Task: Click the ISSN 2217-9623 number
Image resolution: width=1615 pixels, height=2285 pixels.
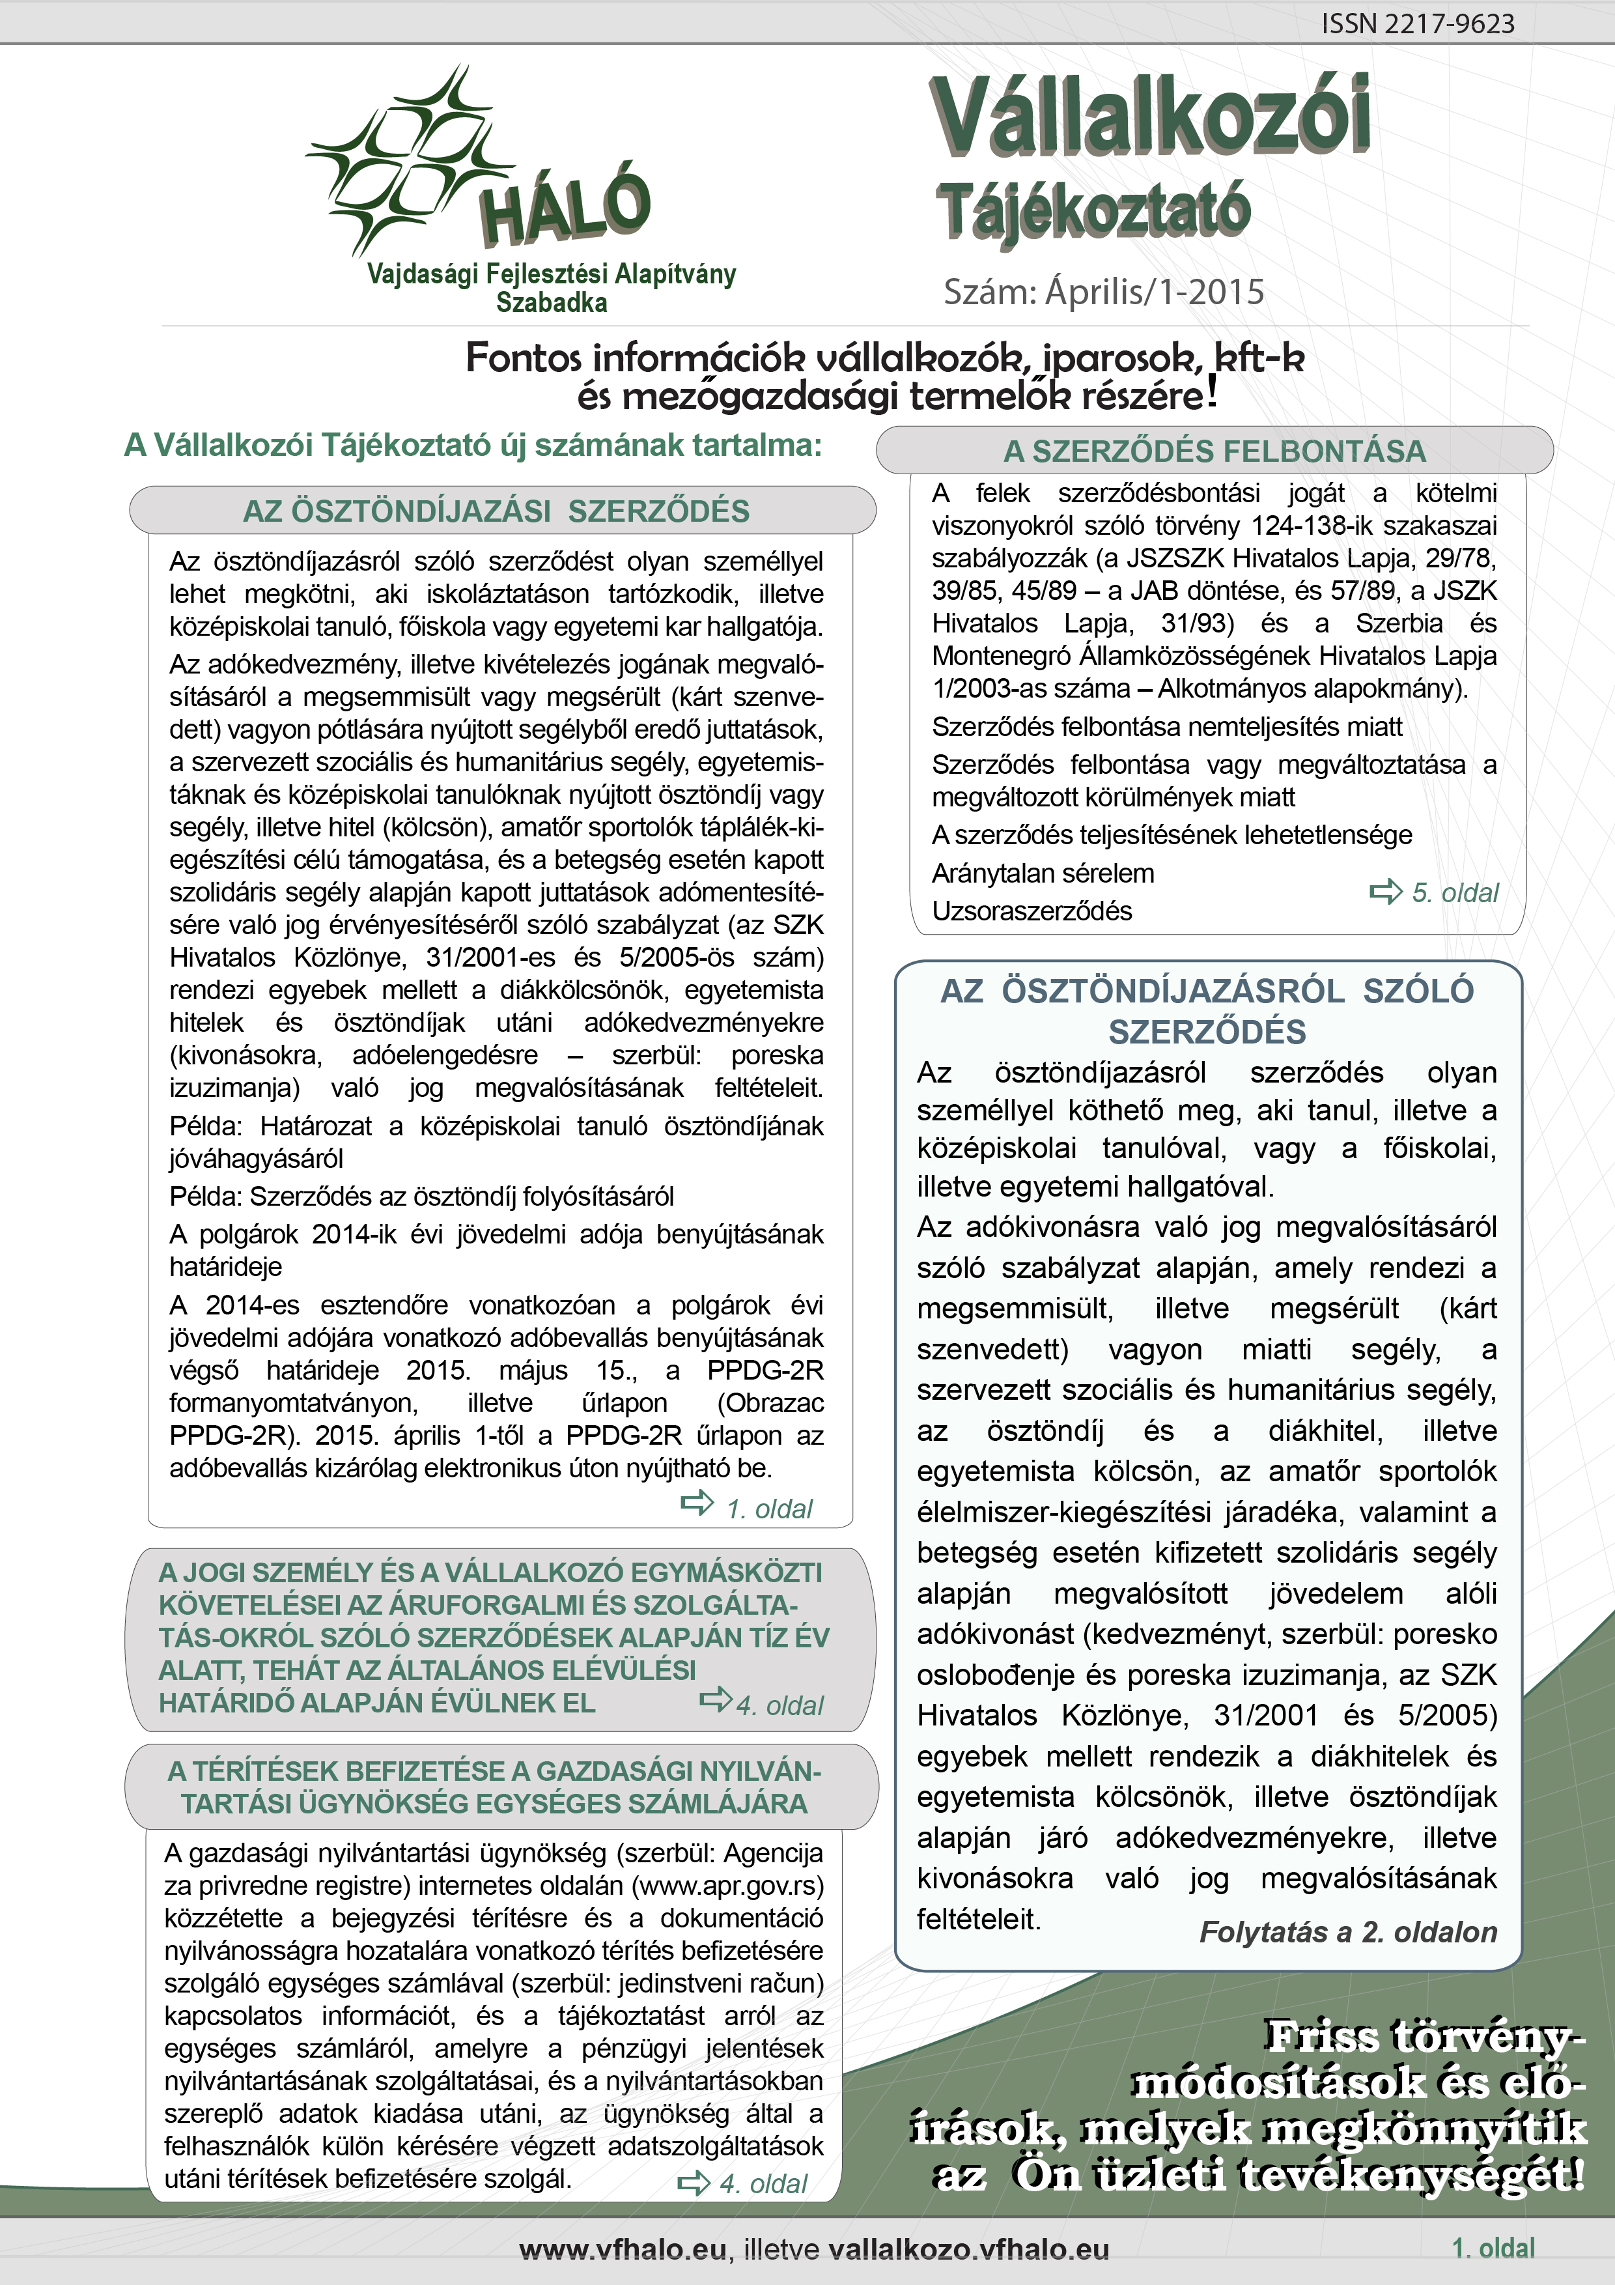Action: click(x=1417, y=24)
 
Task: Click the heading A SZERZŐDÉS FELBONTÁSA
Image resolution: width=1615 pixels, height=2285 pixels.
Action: click(x=1214, y=451)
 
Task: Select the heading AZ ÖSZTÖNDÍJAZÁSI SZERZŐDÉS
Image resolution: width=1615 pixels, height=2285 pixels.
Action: click(x=496, y=511)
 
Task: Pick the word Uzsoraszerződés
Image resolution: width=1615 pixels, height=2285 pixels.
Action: click(x=1032, y=911)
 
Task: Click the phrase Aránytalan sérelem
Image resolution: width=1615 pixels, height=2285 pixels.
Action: click(x=1043, y=873)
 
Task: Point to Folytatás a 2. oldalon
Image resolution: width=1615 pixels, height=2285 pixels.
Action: click(x=1347, y=1932)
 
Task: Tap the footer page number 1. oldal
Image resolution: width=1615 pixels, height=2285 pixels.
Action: click(x=1493, y=2248)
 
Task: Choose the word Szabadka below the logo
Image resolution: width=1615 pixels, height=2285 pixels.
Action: click(x=552, y=302)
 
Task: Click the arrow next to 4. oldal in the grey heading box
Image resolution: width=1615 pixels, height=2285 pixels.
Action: click(x=716, y=1699)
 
